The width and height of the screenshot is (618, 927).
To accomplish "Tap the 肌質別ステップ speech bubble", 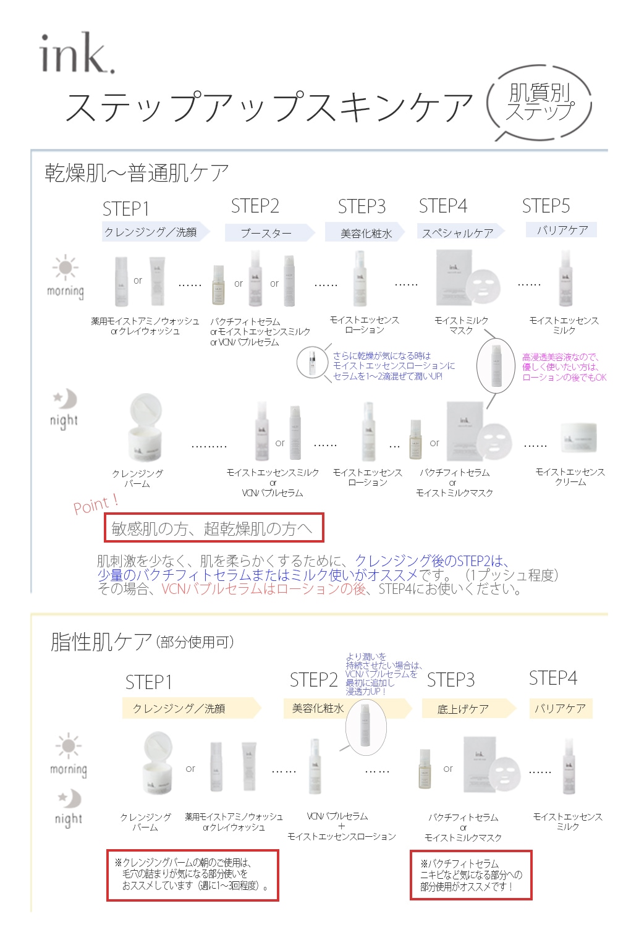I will (x=540, y=103).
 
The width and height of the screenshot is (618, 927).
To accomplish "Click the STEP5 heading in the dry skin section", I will (x=546, y=206).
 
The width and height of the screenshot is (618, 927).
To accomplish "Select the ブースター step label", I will (x=266, y=233).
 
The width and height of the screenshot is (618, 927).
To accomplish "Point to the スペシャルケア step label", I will (x=458, y=233).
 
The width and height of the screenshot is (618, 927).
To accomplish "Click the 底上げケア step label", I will (x=463, y=709).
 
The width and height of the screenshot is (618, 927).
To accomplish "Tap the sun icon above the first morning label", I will (x=65, y=268).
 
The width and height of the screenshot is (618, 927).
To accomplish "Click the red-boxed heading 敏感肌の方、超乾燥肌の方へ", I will (x=213, y=528).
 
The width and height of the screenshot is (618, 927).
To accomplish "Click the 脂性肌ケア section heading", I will (x=101, y=642).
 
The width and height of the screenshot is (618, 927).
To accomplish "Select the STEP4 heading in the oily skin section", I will (x=552, y=678).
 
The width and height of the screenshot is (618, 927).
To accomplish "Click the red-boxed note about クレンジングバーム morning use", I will (x=192, y=874).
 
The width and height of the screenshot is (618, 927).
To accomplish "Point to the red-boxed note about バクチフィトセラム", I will (x=471, y=875).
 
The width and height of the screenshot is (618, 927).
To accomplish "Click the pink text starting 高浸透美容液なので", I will (x=564, y=367).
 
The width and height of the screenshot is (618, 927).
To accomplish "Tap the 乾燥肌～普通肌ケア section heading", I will (x=137, y=173).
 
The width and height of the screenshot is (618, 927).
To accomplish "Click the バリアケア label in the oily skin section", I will (x=560, y=708).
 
